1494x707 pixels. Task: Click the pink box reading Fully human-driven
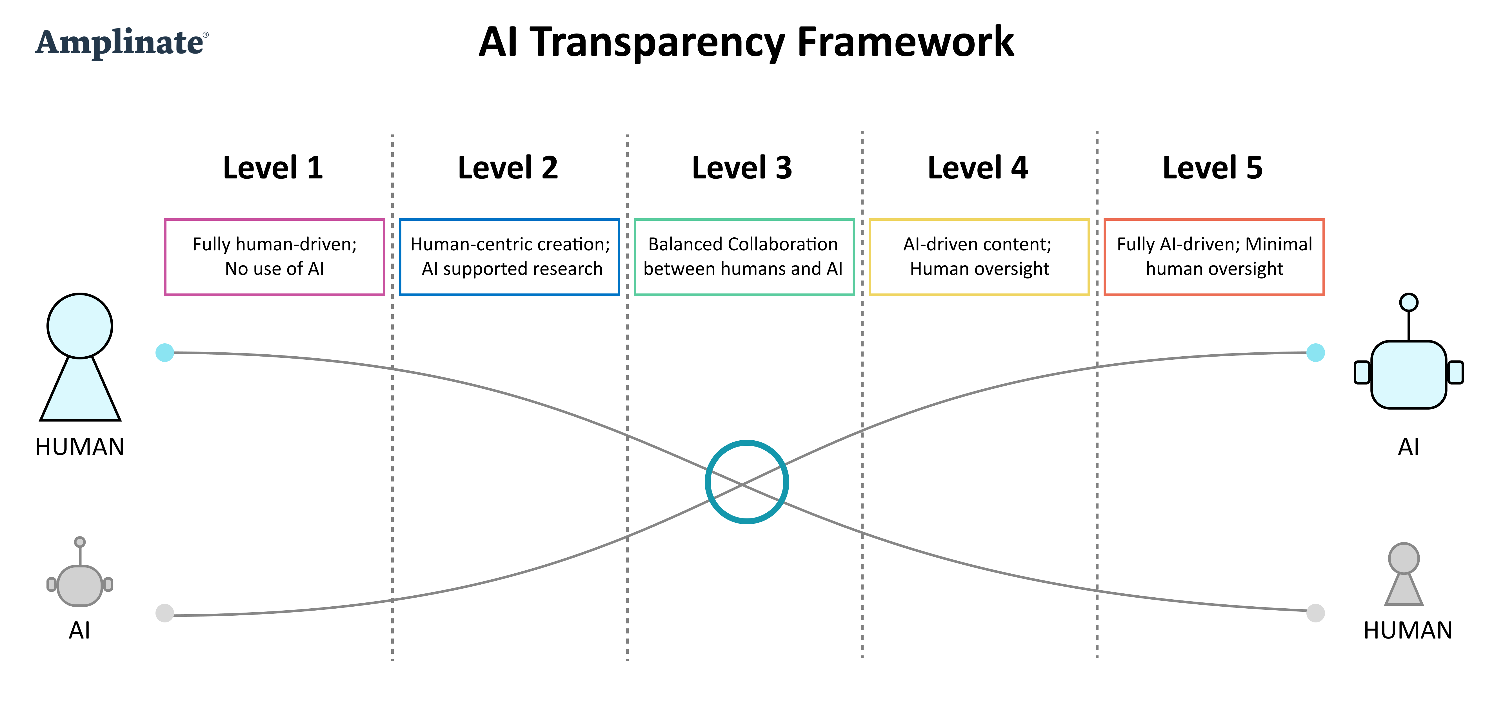pos(274,257)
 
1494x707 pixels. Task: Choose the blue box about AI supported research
pos(509,257)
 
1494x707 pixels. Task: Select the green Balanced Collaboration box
pos(744,257)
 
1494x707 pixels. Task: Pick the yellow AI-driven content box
pos(979,257)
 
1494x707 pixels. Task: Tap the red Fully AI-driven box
pos(1214,257)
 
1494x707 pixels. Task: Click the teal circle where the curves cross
pos(746,482)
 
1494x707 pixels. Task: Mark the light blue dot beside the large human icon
pos(165,352)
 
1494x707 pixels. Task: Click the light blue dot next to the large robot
pos(1315,352)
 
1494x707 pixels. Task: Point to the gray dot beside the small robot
pos(165,613)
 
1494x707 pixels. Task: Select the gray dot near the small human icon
pos(1315,613)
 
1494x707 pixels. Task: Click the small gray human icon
pos(1404,575)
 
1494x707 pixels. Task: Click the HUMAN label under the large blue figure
pos(80,447)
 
